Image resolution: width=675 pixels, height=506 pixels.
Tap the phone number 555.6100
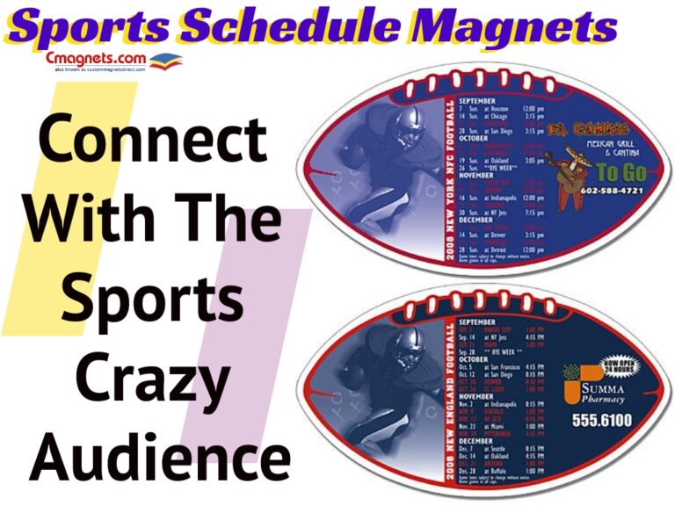click(600, 420)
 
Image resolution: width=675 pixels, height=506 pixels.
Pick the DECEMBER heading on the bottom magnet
click(478, 443)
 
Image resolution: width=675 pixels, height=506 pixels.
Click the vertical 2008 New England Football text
click(451, 401)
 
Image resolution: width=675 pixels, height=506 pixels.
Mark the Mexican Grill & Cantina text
click(603, 148)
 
